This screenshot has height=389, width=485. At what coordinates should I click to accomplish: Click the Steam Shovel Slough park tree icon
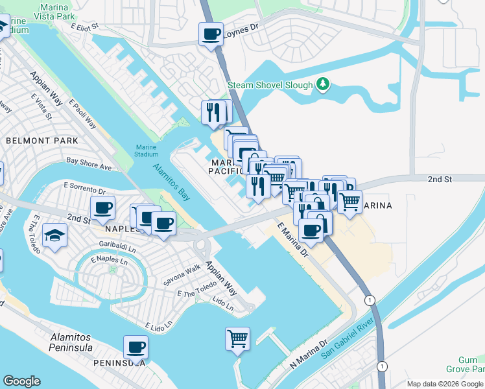tap(323, 85)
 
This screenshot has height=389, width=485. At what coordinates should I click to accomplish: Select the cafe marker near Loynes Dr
tap(211, 34)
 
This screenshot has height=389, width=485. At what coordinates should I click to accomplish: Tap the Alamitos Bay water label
tap(172, 180)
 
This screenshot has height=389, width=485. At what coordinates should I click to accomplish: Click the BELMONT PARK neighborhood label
tap(41, 141)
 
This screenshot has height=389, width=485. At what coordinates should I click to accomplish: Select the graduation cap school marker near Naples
tap(54, 237)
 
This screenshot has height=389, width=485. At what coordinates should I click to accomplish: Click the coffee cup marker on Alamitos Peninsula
tap(136, 348)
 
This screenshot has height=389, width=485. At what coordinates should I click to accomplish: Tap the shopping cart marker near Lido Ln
tap(238, 338)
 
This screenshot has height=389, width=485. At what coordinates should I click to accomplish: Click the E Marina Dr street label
tap(292, 241)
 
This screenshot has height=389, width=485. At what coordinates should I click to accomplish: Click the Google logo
tap(21, 381)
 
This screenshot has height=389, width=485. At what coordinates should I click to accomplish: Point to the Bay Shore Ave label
tap(89, 163)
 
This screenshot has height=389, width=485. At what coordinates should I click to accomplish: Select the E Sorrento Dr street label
tap(84, 189)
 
